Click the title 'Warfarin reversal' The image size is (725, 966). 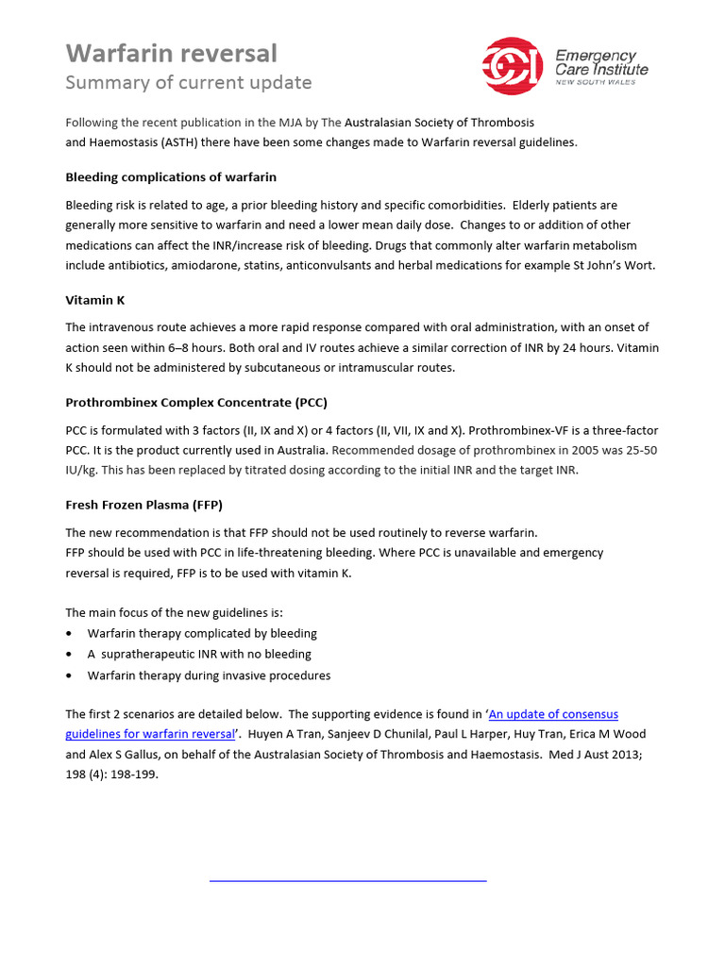[x=171, y=53]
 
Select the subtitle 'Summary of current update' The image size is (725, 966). [x=188, y=82]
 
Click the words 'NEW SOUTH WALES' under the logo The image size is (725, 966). [x=595, y=83]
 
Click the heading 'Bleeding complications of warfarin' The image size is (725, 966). [x=171, y=176]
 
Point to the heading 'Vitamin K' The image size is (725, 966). [x=94, y=299]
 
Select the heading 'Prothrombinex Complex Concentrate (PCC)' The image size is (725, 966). [x=196, y=402]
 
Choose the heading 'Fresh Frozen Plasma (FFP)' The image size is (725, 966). [x=143, y=505]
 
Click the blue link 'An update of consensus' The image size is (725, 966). [x=553, y=714]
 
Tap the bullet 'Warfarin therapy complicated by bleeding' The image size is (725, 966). [x=202, y=633]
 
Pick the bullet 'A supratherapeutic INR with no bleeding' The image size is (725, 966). [x=199, y=654]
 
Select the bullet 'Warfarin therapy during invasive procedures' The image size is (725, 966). [x=209, y=675]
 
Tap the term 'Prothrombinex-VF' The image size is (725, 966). [x=530, y=430]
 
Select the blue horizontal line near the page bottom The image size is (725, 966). [x=346, y=880]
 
